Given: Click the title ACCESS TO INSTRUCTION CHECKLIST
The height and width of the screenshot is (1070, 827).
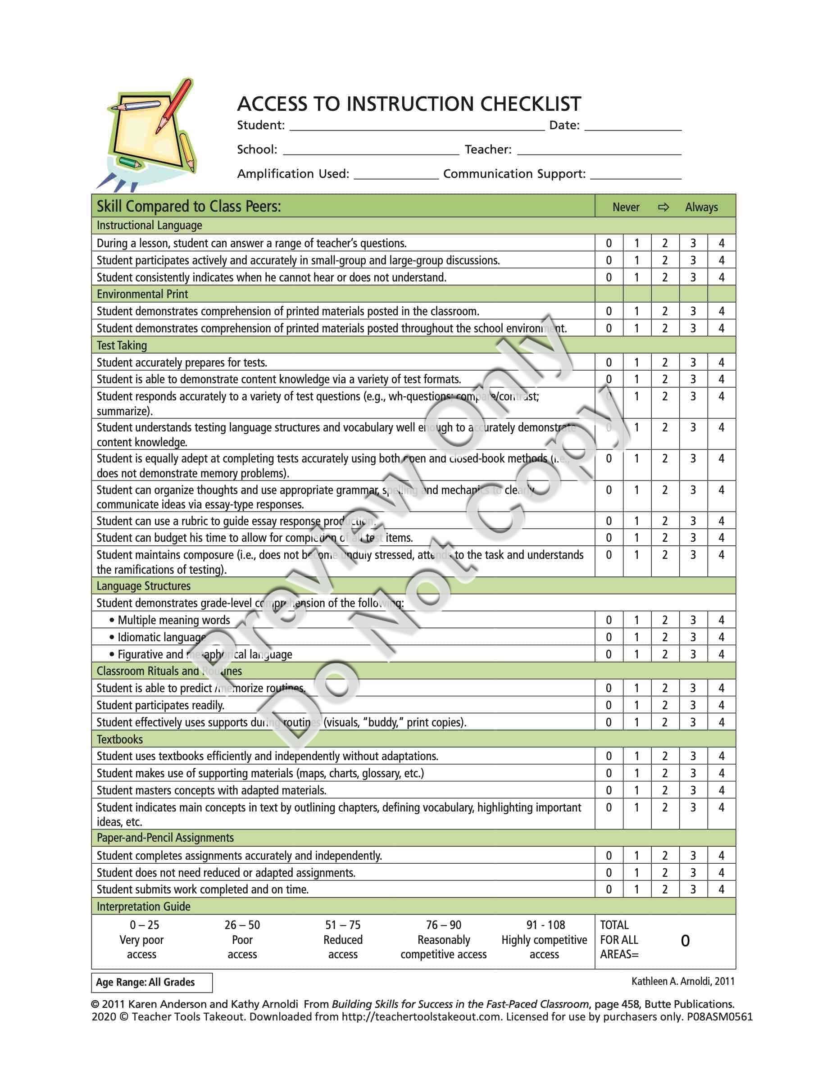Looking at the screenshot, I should (409, 104).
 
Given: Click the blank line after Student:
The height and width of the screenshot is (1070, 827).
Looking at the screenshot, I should (417, 127).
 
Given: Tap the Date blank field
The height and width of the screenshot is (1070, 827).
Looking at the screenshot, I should (633, 127).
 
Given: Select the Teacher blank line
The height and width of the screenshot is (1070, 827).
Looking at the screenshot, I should (599, 150).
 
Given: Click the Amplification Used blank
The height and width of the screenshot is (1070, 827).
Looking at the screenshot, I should (396, 175).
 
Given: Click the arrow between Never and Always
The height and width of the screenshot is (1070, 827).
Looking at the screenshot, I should (663, 207).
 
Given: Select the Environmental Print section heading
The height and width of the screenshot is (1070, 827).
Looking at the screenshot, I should (142, 294).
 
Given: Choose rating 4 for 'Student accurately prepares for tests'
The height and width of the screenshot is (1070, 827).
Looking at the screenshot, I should (721, 363).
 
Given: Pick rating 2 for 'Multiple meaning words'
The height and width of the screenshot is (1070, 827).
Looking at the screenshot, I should (665, 620).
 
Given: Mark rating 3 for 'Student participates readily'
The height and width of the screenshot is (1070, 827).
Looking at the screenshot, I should (693, 706).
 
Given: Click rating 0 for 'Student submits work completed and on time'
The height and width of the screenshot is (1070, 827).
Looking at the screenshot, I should (609, 890).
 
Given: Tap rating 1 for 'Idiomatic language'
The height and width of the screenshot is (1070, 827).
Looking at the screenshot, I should (636, 637).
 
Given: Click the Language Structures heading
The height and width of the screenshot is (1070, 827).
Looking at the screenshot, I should (144, 586).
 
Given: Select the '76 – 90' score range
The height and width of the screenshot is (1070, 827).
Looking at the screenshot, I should (443, 925).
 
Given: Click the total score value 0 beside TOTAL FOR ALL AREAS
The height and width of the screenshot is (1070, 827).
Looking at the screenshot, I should (685, 941).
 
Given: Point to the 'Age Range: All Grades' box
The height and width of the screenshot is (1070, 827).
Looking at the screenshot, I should (152, 982).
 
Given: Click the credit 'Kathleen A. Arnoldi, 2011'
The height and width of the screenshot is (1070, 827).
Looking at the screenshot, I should (682, 981).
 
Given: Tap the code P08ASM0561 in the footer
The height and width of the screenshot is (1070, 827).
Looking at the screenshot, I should (719, 1016).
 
